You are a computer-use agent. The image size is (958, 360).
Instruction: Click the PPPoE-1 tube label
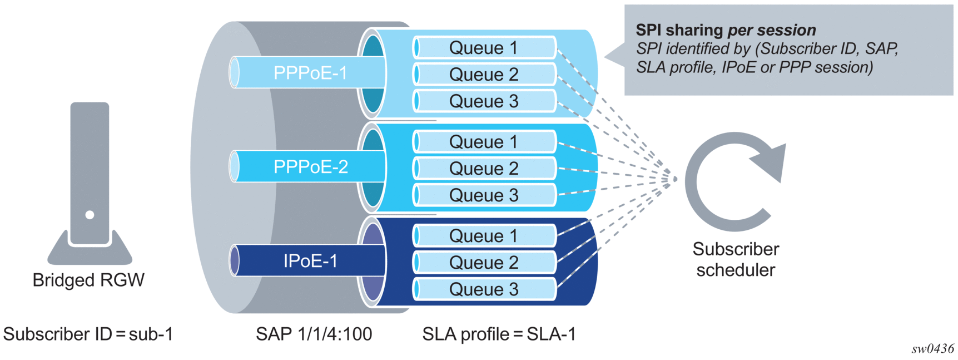310,73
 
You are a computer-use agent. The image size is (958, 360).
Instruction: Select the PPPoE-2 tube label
310,167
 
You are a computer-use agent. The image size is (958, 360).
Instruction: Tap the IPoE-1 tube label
310,261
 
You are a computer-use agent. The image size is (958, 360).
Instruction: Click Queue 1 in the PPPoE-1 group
484,48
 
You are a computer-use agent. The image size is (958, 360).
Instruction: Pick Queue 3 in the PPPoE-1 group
484,101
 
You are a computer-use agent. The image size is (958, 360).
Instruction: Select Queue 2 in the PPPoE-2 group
484,169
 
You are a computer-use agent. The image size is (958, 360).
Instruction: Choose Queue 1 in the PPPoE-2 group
484,142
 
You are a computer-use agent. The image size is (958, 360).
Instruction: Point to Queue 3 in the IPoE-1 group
484,289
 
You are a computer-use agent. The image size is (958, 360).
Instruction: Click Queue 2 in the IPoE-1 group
484,263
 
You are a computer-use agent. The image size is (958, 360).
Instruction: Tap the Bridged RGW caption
88,280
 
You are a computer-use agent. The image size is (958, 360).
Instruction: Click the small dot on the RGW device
90,215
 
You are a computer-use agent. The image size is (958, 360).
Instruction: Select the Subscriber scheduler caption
736,259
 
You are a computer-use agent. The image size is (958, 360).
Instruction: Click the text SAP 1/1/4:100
314,334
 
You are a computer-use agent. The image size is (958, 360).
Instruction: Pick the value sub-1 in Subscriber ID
151,334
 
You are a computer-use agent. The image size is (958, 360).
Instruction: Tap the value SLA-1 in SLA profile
551,334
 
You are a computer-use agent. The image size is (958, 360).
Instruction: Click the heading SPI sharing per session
726,30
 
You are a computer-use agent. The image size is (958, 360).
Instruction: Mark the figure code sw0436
932,349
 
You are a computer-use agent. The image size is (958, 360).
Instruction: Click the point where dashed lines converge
675,179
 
